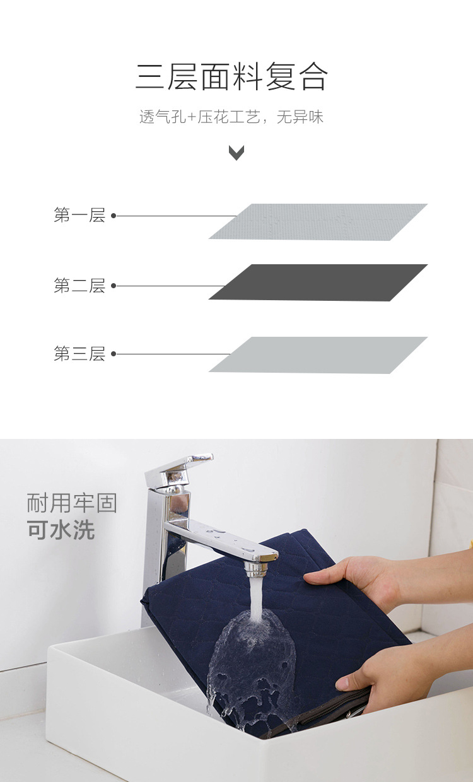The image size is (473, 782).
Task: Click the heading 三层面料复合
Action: [231, 77]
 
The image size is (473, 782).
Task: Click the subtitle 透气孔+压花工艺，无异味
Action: [231, 117]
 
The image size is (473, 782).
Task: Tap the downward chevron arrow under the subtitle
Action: [237, 153]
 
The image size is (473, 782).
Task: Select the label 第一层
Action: [79, 216]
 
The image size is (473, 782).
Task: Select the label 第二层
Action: [79, 286]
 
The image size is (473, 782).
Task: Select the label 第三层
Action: [79, 354]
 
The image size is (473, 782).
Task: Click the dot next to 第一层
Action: [114, 216]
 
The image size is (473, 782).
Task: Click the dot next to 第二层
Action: [114, 286]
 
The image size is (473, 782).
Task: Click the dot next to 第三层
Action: [114, 354]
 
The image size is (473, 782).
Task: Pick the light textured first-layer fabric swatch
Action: [318, 221]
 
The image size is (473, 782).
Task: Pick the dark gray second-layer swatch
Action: [318, 282]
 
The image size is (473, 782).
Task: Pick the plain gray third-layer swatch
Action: [318, 355]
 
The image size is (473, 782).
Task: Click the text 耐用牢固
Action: [72, 504]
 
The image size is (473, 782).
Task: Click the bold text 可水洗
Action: [61, 530]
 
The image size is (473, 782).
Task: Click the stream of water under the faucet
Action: [255, 599]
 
